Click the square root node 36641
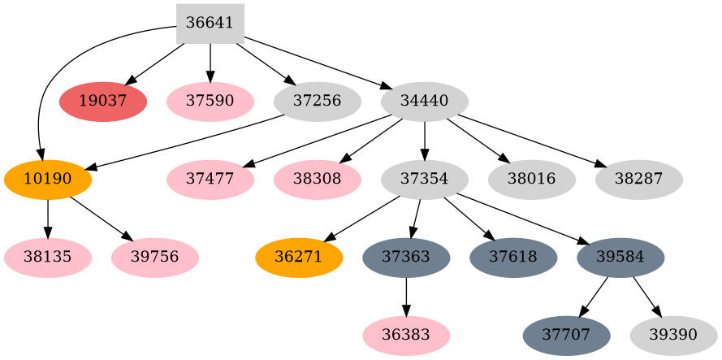[x=210, y=23]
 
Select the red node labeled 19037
[x=103, y=102]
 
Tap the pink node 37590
[x=210, y=102]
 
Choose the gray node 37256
[x=318, y=102]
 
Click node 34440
[x=425, y=102]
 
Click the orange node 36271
[x=299, y=258]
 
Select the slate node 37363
[x=406, y=258]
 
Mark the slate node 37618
[x=513, y=258]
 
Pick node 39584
[x=620, y=258]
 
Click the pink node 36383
[x=406, y=336]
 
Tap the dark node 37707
[x=565, y=336]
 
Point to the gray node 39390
[x=673, y=336]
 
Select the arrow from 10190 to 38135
[x=48, y=219]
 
